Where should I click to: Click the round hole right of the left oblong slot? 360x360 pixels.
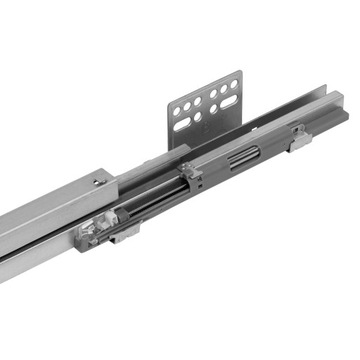[x=198, y=116]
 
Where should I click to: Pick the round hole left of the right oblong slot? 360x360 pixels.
[x=213, y=110]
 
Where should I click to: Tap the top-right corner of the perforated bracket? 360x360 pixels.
[x=240, y=71]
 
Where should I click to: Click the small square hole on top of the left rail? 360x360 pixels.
[x=97, y=182]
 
